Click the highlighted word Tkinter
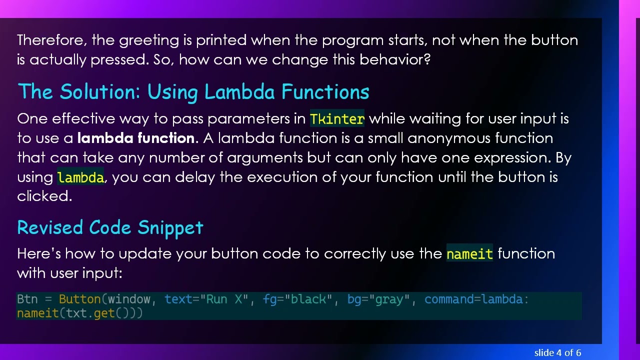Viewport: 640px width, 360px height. [337, 119]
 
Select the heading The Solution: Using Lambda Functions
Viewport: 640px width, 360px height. [193, 92]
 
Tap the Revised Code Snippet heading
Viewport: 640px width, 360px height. [110, 227]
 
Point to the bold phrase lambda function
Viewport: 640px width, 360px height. [135, 138]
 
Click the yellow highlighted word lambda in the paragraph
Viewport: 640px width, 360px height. [80, 177]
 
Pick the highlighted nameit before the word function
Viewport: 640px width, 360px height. [469, 254]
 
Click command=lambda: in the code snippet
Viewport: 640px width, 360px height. [476, 299]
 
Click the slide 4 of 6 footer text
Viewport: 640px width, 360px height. [557, 353]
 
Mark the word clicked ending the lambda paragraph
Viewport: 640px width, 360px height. [44, 196]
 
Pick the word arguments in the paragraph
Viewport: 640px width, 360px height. [264, 158]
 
